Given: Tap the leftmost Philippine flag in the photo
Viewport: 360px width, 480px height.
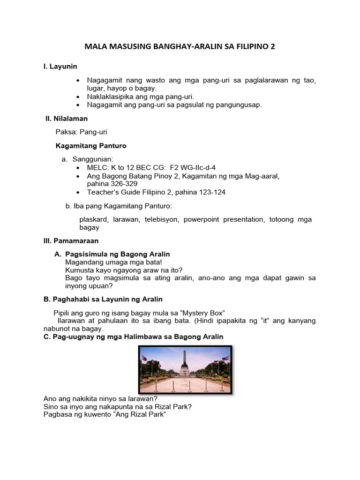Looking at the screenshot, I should click(145, 360).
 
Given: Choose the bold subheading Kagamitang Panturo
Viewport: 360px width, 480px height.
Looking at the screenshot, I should click(91, 146).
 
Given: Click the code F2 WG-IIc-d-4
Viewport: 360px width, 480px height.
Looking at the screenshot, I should click(189, 167).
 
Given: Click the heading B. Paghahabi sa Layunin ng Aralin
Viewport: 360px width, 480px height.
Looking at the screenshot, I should click(103, 299).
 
